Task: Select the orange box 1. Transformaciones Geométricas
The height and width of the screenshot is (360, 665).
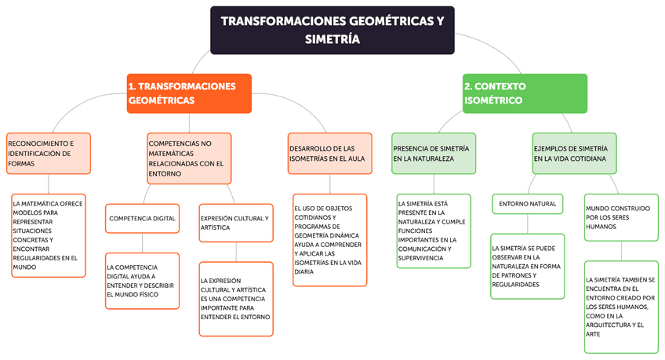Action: [189, 93]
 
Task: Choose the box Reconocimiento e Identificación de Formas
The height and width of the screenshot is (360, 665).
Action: [48, 153]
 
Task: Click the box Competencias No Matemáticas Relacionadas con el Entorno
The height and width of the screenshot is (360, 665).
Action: [189, 158]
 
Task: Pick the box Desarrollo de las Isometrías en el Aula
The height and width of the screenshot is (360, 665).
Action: [329, 153]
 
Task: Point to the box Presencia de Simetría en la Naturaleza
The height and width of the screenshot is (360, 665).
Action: [434, 153]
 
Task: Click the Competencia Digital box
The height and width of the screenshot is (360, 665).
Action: [142, 218]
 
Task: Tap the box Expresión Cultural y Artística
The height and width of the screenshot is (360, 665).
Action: [236, 222]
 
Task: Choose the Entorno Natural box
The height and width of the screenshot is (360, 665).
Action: [528, 204]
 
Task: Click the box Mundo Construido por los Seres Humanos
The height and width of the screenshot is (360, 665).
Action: [621, 217]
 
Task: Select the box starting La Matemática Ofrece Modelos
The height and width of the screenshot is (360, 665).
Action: [48, 235]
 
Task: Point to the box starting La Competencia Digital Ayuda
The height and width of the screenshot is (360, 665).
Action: [142, 281]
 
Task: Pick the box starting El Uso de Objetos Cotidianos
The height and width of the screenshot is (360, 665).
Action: [329, 239]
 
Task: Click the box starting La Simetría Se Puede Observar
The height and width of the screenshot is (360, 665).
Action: [528, 267]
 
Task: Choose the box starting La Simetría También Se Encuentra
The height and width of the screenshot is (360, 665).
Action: [621, 306]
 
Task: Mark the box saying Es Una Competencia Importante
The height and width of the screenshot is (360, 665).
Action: [236, 298]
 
